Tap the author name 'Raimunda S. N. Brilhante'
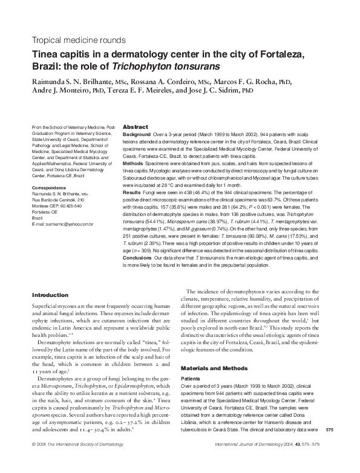74,81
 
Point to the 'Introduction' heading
50,295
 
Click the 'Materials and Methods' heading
213,367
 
